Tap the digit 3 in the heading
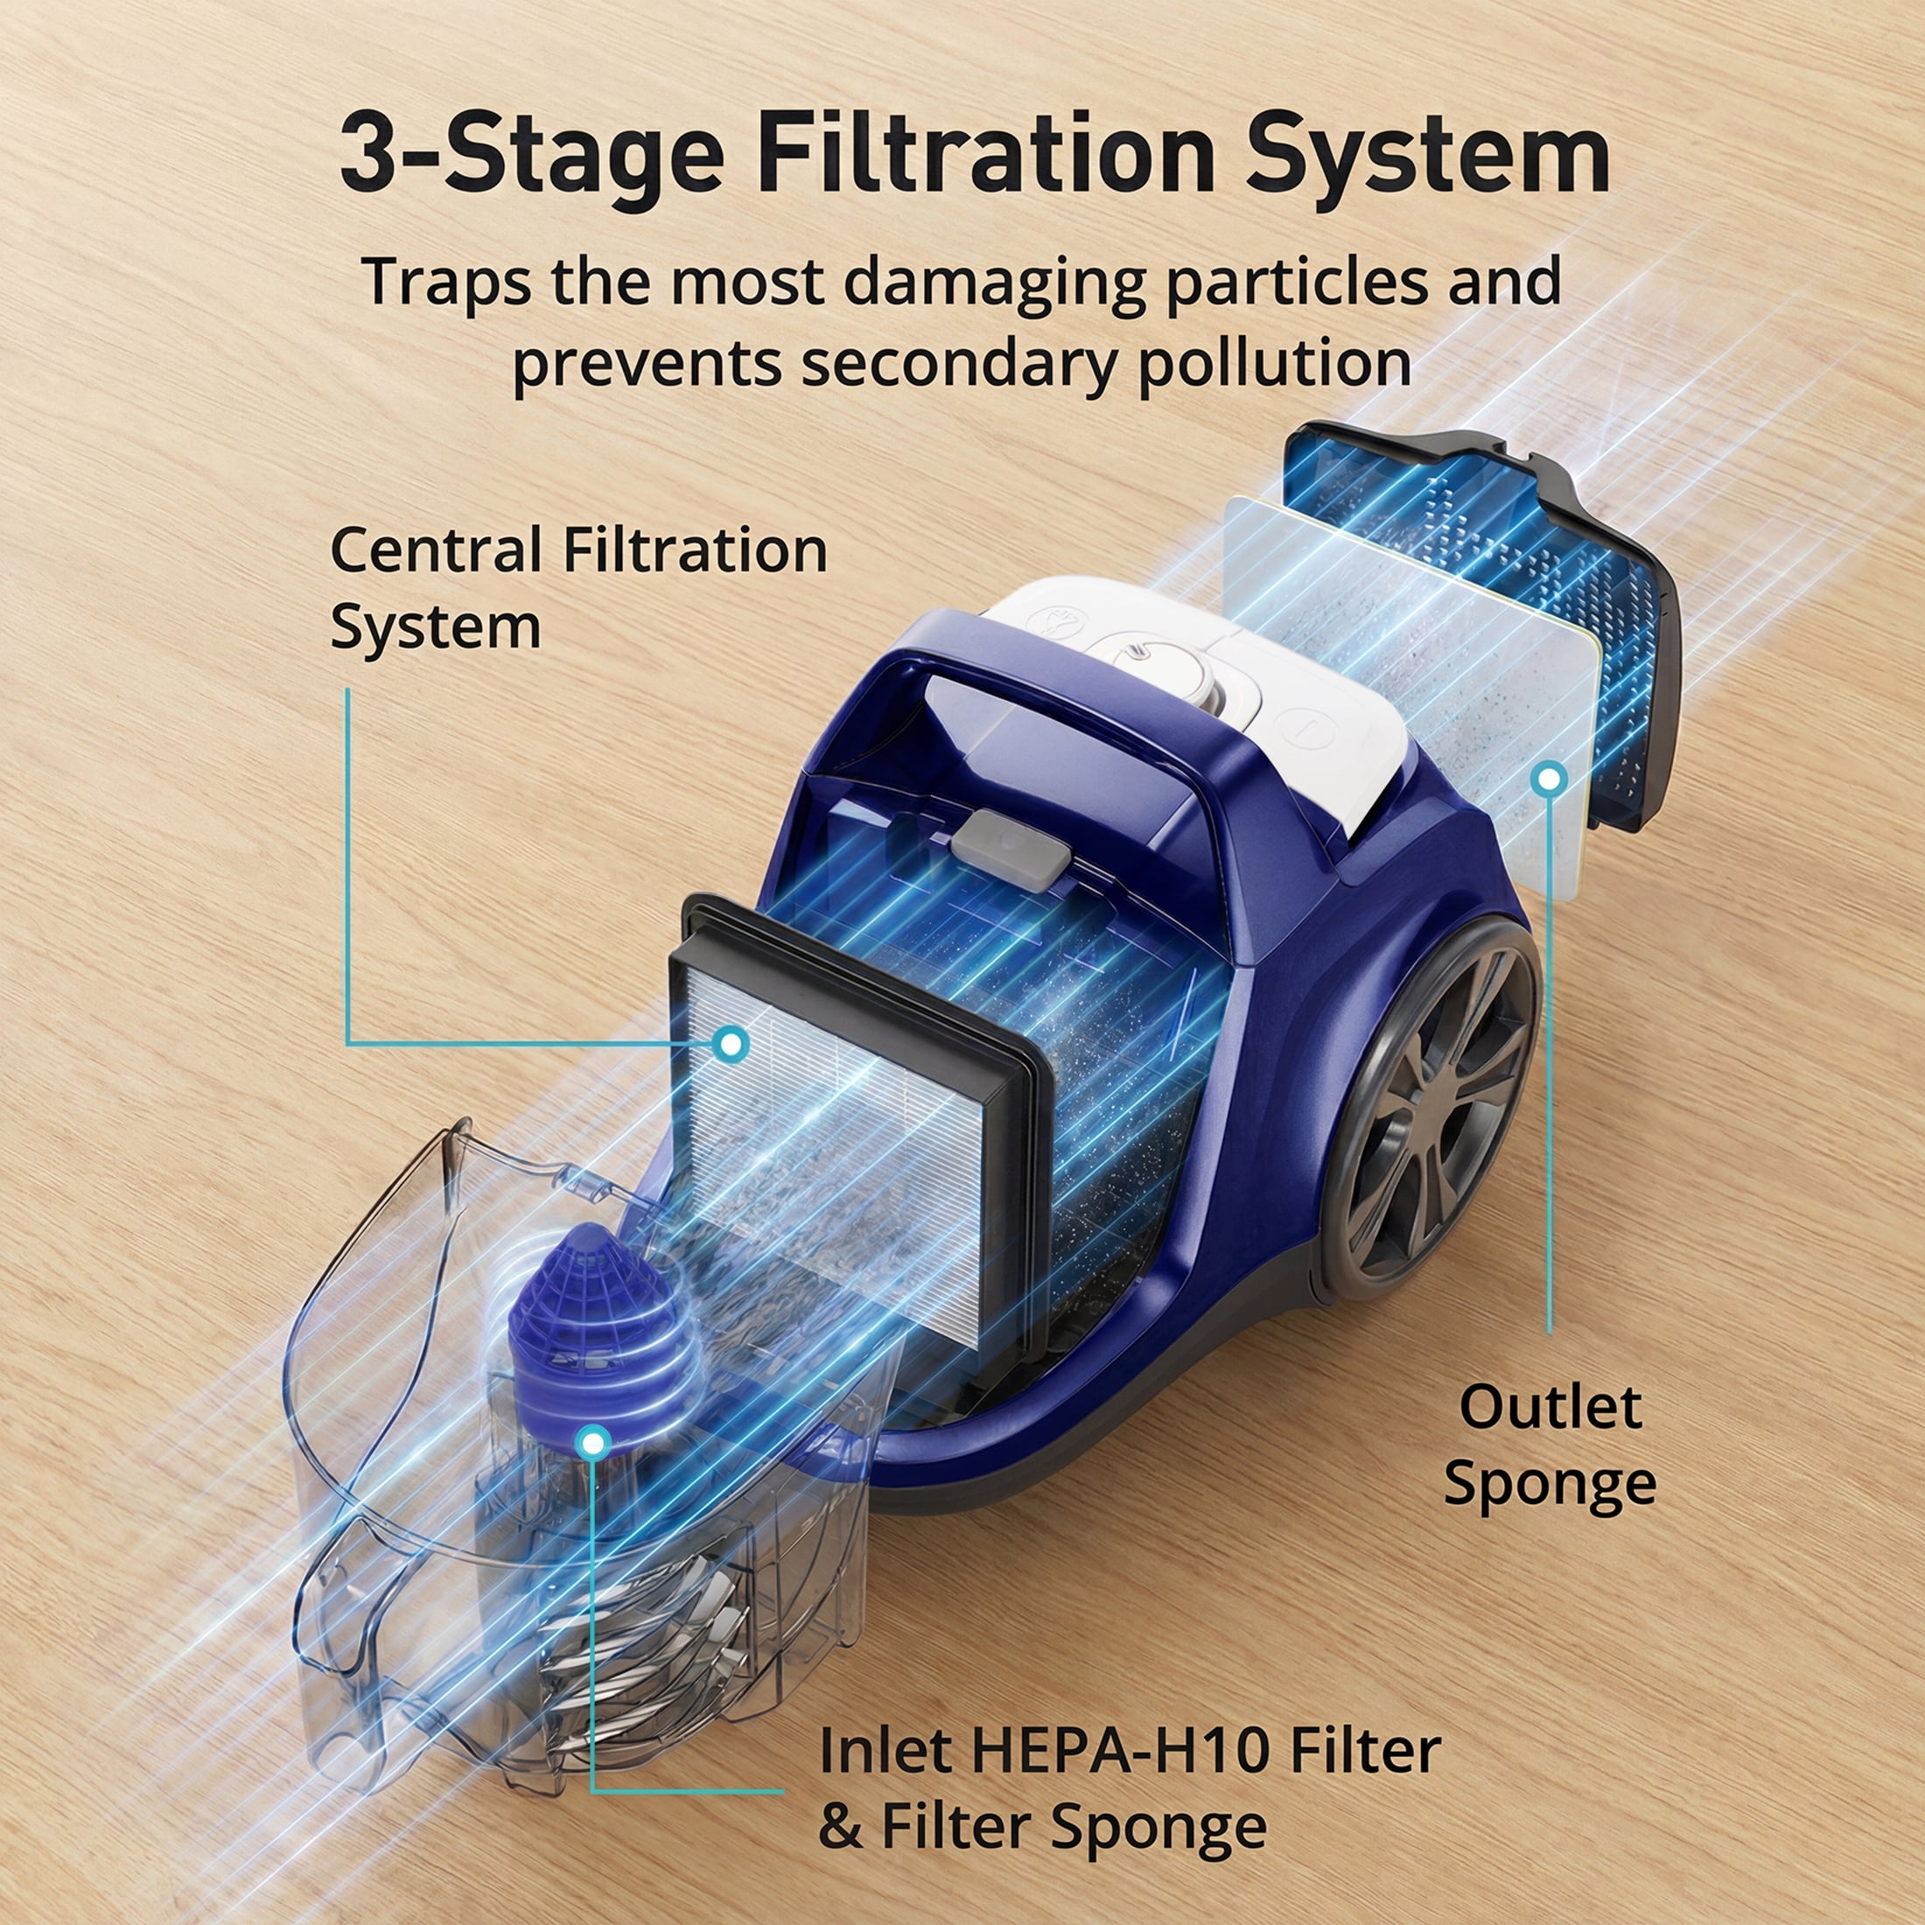coord(371,153)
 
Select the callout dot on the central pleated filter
coord(732,1044)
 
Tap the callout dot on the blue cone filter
coord(593,1442)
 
